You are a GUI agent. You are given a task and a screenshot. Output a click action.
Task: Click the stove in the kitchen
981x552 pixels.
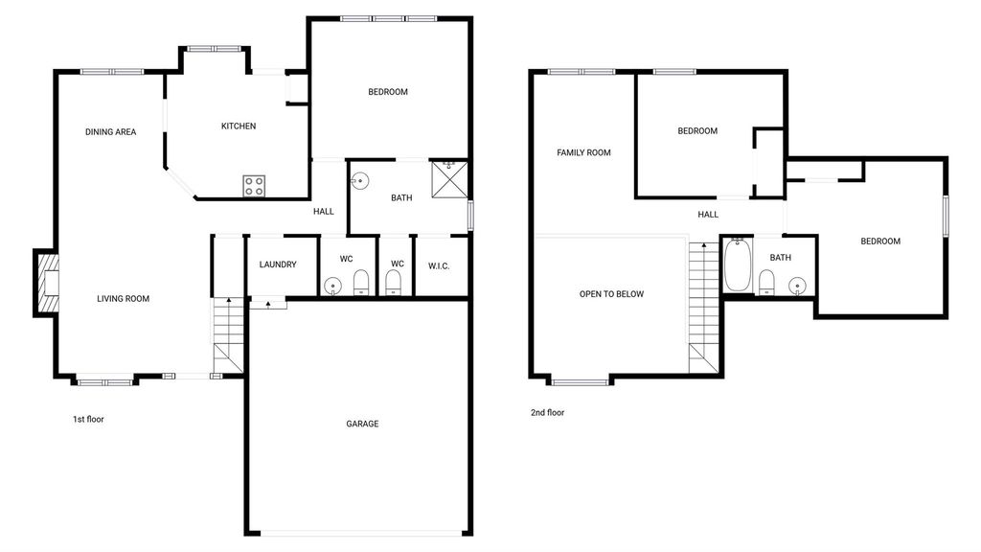click(254, 186)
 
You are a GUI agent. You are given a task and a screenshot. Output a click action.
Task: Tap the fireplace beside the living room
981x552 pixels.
click(47, 283)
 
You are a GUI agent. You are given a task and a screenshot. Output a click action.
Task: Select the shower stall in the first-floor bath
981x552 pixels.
click(449, 179)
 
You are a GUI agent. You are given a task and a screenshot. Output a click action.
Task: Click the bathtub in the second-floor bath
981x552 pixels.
click(739, 265)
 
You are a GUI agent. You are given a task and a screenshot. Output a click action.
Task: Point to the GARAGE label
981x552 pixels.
click(362, 424)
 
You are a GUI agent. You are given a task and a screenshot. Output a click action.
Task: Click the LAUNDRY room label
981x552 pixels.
click(278, 264)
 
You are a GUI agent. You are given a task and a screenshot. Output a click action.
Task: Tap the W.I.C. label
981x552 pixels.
click(439, 266)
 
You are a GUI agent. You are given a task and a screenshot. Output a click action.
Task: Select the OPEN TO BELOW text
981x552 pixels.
click(611, 294)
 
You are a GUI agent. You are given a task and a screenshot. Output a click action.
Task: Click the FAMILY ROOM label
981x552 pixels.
click(583, 152)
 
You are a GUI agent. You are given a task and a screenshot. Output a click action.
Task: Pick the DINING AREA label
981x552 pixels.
click(111, 132)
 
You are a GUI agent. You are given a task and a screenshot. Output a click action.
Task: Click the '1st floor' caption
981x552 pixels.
click(88, 420)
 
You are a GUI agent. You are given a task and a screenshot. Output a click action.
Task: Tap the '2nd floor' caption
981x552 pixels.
click(547, 412)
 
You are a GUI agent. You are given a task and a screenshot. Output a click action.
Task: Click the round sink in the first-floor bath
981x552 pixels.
click(360, 181)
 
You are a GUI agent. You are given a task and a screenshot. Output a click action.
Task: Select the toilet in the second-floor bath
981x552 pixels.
click(766, 283)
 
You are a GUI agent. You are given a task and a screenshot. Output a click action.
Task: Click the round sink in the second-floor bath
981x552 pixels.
click(797, 286)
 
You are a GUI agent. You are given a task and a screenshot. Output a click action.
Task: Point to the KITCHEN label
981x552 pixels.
click(239, 126)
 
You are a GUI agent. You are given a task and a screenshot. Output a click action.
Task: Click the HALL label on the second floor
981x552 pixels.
click(708, 215)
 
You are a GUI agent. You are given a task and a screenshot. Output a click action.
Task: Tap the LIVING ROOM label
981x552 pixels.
click(124, 299)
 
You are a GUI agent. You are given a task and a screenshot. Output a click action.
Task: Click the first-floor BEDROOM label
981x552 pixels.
click(388, 92)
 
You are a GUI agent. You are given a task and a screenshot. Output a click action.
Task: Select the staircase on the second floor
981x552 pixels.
click(704, 308)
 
